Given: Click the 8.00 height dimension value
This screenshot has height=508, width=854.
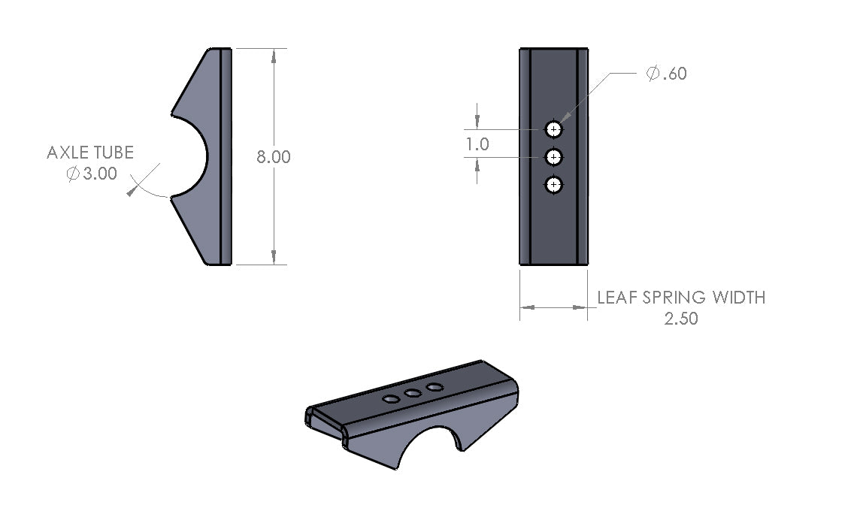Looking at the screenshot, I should point(274,157).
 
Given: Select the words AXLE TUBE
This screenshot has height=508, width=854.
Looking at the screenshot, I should point(90,153).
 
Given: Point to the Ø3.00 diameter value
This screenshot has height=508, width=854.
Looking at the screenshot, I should point(92,173).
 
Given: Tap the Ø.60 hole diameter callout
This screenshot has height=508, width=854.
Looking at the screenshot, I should point(666,74).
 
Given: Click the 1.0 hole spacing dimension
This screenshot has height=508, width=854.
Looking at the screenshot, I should point(477,144).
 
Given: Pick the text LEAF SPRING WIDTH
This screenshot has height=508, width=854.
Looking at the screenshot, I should point(681,297).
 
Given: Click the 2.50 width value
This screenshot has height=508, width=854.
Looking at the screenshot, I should point(681,319).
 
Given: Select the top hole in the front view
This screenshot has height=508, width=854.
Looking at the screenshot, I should point(554,129).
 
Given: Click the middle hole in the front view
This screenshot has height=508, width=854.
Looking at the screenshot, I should point(554,157).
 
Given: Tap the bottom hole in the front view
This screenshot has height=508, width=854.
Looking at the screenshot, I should point(554,184).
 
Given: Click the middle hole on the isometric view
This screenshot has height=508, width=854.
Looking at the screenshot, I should point(412,393).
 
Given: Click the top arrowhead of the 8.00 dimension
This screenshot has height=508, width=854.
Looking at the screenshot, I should point(274,54).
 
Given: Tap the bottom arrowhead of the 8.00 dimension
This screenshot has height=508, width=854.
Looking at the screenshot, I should point(274,259).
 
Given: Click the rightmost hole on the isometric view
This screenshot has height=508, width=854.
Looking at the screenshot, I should point(434,387).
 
